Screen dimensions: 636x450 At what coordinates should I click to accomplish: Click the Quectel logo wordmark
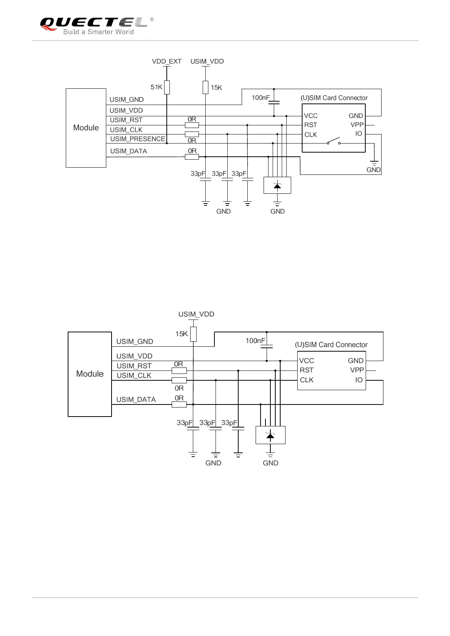(93, 22)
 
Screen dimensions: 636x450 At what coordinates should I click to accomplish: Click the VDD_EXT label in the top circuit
(166, 61)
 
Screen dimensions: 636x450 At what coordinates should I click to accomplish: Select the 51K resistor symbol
(167, 87)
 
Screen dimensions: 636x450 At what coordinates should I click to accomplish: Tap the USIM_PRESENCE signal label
(138, 139)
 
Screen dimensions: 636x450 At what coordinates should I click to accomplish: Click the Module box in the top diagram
(86, 128)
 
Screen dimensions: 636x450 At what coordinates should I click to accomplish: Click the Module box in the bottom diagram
(90, 374)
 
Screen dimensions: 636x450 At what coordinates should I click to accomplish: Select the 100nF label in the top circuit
(261, 98)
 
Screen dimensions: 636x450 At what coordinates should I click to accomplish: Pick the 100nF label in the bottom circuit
(255, 341)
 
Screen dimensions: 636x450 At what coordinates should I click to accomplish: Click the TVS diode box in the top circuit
(277, 185)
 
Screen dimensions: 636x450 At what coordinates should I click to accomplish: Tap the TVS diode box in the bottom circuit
(270, 435)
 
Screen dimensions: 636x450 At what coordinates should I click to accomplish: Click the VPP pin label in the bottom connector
(357, 370)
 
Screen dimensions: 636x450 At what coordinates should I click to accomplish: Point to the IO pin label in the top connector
(358, 134)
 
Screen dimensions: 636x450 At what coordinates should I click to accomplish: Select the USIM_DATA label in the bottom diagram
(136, 400)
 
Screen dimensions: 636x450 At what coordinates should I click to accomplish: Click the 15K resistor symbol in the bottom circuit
(193, 334)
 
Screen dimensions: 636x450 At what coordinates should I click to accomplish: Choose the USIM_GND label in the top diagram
(127, 100)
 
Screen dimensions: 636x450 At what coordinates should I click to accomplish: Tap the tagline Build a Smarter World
(98, 32)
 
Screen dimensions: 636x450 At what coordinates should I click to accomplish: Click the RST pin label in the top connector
(310, 125)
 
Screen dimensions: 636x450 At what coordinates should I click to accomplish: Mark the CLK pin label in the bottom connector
(307, 380)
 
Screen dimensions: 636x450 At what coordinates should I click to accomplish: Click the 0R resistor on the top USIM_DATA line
(192, 157)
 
